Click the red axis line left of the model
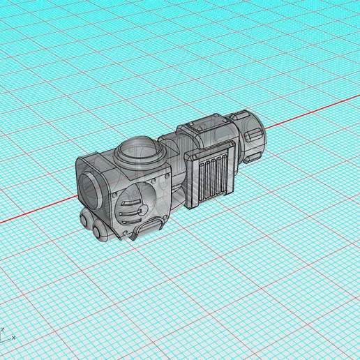(x=35, y=213)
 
